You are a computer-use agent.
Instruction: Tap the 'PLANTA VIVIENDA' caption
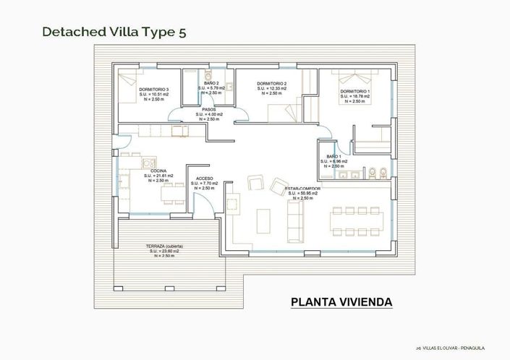tap(341, 301)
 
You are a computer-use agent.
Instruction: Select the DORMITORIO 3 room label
tap(154, 89)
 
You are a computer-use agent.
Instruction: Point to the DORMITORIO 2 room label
tap(272, 84)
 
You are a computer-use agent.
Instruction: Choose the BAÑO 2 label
tap(211, 83)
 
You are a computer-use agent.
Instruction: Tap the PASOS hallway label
tap(209, 110)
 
